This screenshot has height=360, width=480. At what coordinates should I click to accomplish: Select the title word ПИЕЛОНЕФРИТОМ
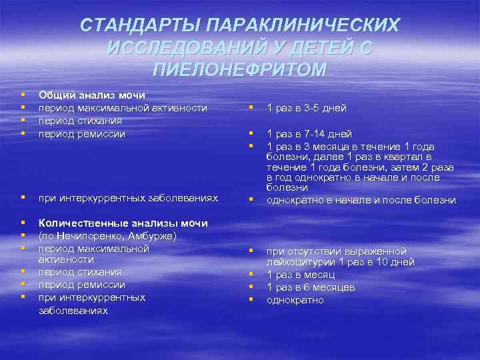240,70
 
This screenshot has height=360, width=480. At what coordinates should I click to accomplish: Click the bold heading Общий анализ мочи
92,95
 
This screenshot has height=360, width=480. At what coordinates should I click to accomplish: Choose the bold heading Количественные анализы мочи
123,223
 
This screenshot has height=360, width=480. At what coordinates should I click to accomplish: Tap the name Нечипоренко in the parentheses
81,236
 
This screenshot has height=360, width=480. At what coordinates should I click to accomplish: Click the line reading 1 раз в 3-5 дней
306,108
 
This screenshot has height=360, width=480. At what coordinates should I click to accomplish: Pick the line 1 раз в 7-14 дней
309,134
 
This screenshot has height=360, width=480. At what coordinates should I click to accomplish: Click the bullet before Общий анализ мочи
24,96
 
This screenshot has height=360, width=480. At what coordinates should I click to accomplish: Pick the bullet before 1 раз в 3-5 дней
251,109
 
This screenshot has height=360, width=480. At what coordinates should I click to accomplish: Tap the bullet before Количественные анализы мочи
24,223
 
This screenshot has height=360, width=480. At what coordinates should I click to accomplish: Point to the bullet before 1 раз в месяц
251,275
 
